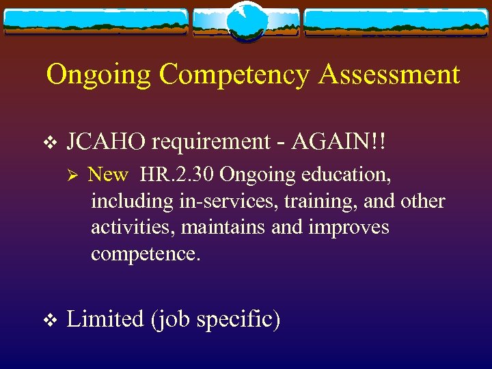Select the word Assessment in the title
pos(388,74)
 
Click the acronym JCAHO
pos(106,141)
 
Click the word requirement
pos(211,141)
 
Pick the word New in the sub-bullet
pos(108,175)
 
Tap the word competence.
pos(146,254)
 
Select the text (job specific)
pos(215,319)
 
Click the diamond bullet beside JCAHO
pos(47,142)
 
